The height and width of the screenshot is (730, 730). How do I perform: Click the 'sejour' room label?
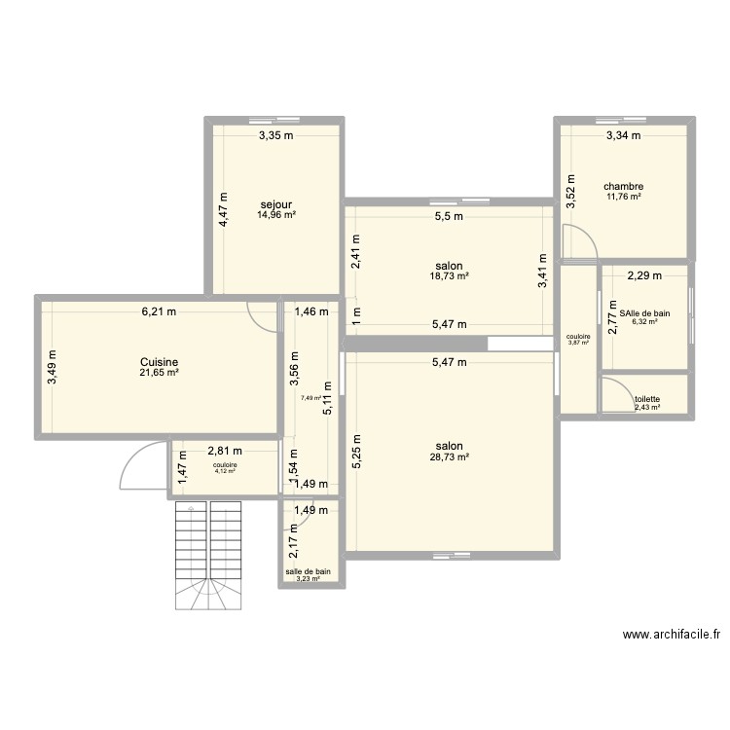click(276, 204)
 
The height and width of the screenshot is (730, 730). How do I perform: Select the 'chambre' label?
click(623, 186)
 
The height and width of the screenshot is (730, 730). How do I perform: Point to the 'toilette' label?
click(647, 399)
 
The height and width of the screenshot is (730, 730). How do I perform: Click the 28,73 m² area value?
click(450, 456)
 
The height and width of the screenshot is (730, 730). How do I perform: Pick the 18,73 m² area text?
click(450, 276)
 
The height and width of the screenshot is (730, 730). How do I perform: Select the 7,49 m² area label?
click(310, 398)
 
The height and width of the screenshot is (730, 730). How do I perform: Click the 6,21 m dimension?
click(159, 312)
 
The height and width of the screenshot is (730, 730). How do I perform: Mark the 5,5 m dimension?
click(449, 217)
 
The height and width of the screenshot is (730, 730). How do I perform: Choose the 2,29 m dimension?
click(643, 275)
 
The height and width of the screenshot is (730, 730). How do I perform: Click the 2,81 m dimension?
click(225, 451)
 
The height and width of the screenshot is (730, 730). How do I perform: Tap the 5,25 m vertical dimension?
click(356, 452)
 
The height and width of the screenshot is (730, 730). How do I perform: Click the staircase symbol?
click(207, 556)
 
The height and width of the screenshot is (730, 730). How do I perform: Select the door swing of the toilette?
click(614, 392)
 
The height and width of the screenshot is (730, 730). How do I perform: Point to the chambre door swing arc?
click(580, 242)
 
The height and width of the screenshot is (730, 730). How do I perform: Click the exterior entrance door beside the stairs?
click(141, 467)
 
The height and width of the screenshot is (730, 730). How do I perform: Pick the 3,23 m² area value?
click(308, 580)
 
